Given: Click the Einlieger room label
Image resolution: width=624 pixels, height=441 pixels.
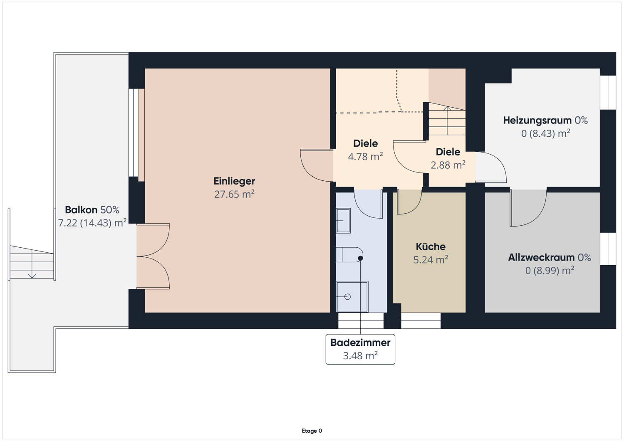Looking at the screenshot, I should point(234,181).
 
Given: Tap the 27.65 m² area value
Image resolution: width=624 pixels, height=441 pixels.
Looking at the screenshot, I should point(234,194).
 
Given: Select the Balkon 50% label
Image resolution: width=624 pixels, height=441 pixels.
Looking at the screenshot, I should point(92,210).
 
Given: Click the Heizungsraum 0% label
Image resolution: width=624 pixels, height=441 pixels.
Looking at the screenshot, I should point(545,121).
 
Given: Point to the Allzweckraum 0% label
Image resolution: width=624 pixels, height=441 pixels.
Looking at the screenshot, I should point(549,258).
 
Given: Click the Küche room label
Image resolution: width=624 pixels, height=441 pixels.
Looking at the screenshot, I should point(431,246).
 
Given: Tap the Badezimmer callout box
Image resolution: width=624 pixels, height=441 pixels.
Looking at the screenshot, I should point(360,349).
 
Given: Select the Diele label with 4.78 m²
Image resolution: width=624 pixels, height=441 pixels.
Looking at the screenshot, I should point(365,143).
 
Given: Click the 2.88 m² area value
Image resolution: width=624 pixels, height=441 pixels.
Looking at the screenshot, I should point(448,165).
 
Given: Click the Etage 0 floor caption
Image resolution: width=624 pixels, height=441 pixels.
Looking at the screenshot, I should point(312,431).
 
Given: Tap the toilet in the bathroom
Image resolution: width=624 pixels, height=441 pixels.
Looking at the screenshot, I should point(349,254).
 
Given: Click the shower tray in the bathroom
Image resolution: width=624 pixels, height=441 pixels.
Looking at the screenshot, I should point(352,296).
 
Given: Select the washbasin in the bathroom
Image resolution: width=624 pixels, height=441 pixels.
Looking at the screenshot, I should point(343,221).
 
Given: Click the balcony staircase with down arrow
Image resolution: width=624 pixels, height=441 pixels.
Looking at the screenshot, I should point(32,263).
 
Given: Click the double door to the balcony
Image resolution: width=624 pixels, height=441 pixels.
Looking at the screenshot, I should point(153,256).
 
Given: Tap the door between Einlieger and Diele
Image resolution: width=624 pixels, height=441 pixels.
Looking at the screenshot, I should point(316,165).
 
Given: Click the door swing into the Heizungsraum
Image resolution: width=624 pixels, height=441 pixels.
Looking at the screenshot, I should point(491,167).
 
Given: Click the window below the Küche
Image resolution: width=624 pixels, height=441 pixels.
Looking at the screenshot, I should point(421,320).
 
